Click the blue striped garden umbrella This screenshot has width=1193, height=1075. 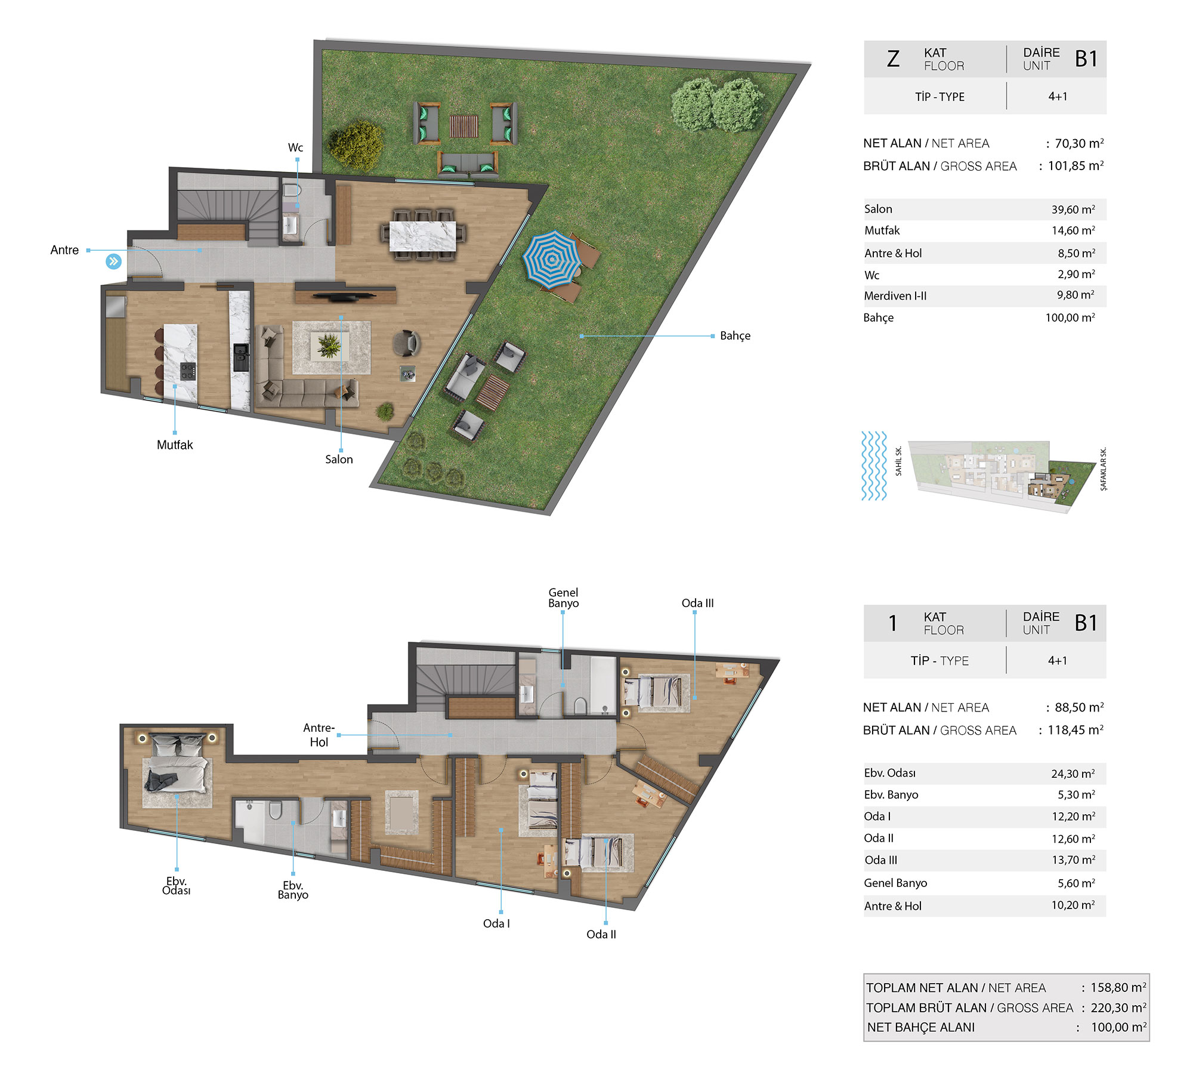[552, 259]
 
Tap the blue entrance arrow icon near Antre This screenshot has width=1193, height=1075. [113, 261]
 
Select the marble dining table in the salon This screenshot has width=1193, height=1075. [422, 236]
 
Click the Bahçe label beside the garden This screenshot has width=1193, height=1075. [735, 336]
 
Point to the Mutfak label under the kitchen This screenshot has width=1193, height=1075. [175, 445]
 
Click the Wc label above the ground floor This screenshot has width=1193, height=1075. [295, 147]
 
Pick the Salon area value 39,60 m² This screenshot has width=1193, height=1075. [1073, 210]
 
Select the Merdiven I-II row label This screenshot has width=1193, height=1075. [895, 296]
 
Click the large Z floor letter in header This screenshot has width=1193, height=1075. [893, 58]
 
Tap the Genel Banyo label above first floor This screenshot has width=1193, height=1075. [564, 597]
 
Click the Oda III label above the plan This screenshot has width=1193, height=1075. [697, 603]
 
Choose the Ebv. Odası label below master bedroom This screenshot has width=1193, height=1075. [177, 886]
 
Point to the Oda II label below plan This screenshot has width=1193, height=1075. [601, 934]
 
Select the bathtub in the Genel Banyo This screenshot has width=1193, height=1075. [602, 685]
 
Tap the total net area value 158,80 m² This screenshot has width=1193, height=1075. [1118, 987]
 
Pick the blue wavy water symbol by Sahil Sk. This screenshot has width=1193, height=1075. [874, 466]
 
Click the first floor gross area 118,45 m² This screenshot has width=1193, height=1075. [1075, 730]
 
